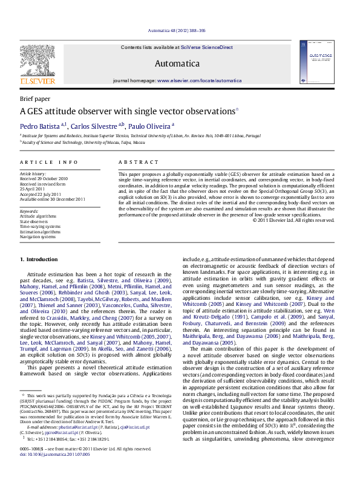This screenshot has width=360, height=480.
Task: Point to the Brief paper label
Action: pos(35,98)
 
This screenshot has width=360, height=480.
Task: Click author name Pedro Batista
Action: pos(39,126)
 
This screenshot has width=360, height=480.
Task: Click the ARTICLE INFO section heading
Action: pos(49,162)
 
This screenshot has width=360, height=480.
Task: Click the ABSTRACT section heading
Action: pos(134,162)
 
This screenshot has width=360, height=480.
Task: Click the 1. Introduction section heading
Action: pos(39,259)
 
